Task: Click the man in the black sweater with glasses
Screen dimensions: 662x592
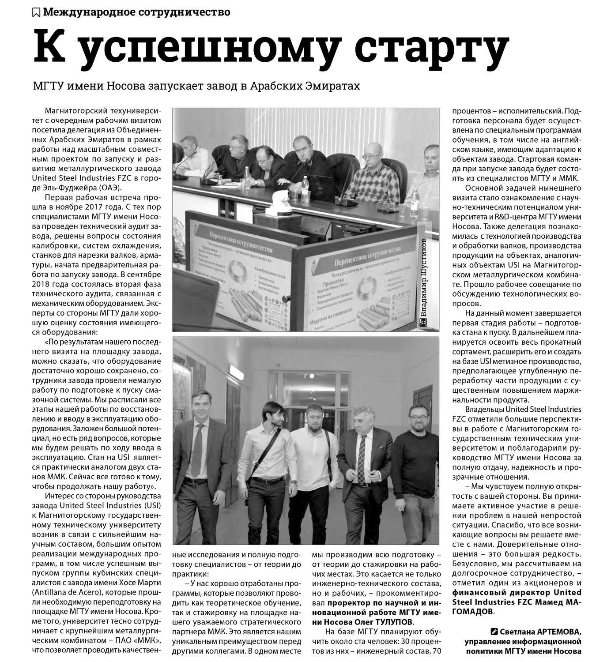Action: point(416,455)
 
